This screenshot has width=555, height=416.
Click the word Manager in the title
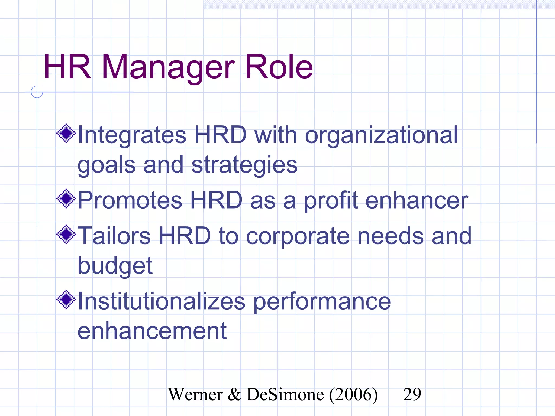tap(168, 68)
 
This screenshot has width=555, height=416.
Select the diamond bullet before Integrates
tap(66, 133)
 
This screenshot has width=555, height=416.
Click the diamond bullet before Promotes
tap(66, 199)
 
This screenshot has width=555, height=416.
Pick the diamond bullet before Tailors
tap(66, 235)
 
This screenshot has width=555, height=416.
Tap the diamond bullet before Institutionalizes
tap(66, 300)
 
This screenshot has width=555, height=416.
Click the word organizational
tap(381, 136)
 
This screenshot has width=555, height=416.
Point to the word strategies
tap(244, 166)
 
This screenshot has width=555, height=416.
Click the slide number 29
tap(412, 394)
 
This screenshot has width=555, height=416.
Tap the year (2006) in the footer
tap(353, 395)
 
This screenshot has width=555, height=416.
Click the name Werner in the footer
tap(195, 394)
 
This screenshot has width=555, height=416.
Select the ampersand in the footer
tap(234, 394)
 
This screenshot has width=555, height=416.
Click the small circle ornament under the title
tap(37, 92)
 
